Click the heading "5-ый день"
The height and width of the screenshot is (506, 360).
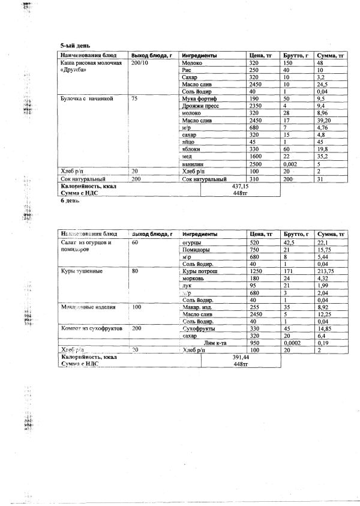(72, 46)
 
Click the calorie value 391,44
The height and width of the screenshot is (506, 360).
(241, 356)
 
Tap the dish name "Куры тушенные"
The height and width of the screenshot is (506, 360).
(82, 271)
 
